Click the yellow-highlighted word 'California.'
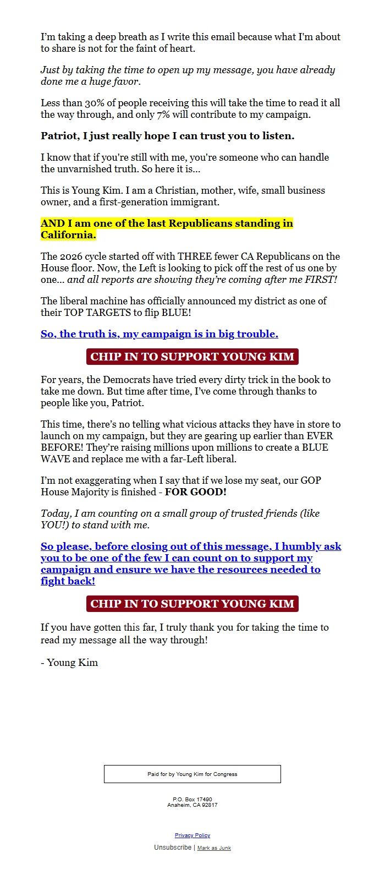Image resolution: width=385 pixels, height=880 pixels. point(68,235)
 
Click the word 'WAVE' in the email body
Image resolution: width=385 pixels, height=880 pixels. point(55,459)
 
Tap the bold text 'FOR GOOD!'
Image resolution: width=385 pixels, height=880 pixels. point(196,492)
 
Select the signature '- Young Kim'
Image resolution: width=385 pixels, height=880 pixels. point(69,663)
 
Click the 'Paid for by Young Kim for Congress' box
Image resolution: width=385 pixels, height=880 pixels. point(193,774)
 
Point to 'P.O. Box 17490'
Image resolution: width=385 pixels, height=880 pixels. point(193,799)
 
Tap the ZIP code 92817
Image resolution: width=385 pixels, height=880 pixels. point(208,805)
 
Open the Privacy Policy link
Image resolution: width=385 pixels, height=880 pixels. point(193,835)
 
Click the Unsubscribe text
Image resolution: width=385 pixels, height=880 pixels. point(173,848)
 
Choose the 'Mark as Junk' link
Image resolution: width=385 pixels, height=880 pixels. point(214,848)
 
